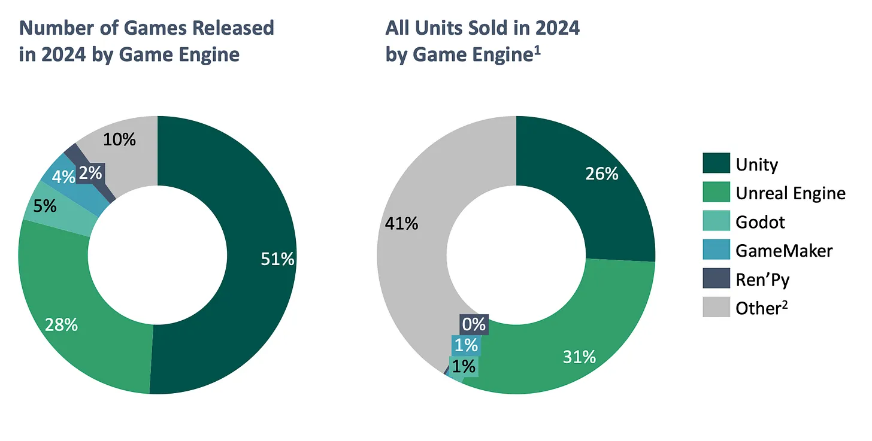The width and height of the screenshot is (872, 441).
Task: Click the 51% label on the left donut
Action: point(277,258)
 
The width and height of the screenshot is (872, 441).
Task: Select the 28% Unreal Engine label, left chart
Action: point(61,325)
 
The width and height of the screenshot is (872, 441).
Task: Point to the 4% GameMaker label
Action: point(64,177)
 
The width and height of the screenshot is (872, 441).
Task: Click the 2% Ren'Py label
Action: point(90,173)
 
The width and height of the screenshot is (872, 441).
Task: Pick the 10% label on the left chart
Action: point(119,139)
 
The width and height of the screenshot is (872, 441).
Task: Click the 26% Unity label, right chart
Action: point(601,174)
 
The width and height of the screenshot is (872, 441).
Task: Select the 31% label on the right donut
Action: point(579,357)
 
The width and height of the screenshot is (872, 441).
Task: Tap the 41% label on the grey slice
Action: point(402,223)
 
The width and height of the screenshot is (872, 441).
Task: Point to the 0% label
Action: point(473,325)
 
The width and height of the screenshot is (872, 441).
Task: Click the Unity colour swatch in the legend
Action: point(716,163)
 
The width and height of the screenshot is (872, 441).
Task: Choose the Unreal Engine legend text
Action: point(790,193)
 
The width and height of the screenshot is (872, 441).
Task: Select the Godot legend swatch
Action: point(716,221)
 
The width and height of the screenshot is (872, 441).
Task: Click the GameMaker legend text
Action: point(783,250)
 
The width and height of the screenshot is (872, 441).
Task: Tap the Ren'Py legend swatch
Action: point(716,279)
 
